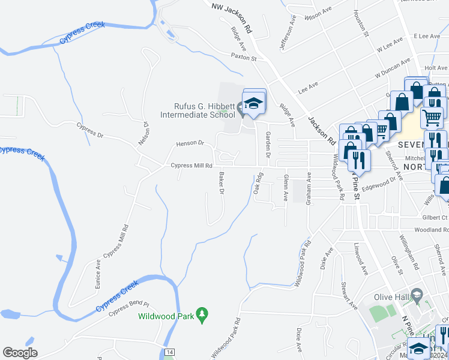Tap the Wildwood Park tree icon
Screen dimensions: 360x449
coord(203,314)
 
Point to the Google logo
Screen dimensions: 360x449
coord(20,353)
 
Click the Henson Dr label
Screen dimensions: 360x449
coord(190,144)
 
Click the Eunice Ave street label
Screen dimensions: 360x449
coord(97,274)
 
